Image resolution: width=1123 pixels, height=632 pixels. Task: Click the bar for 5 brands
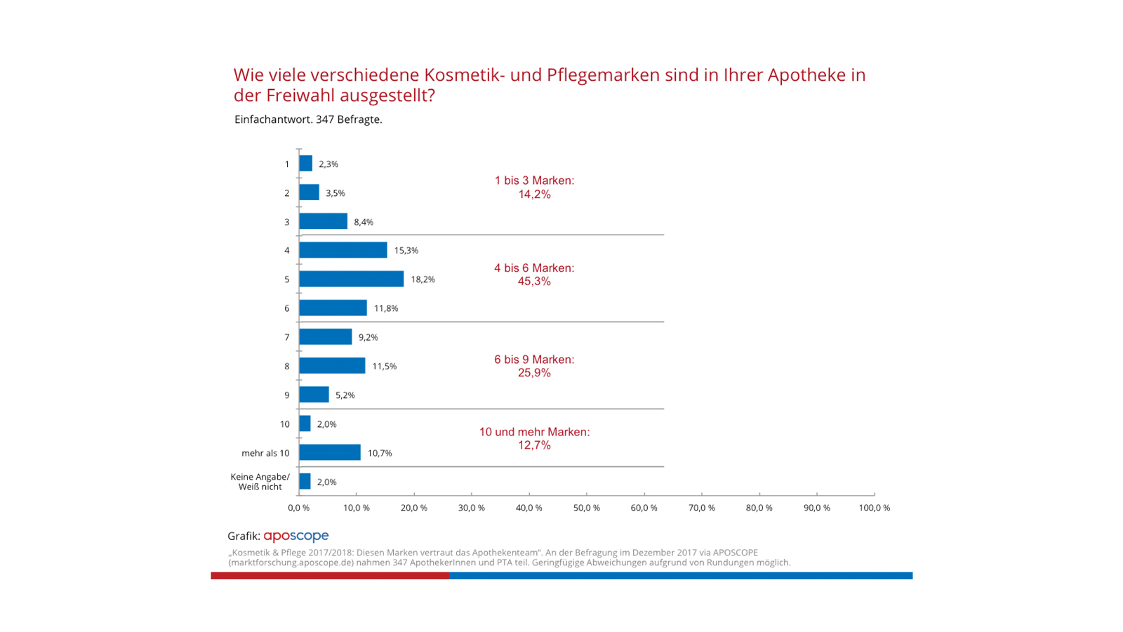click(x=351, y=279)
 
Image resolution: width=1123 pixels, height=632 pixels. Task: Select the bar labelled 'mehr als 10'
click(x=330, y=452)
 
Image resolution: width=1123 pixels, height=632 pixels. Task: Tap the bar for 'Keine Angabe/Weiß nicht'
click(x=305, y=482)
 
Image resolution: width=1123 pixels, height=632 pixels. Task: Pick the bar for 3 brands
click(x=323, y=221)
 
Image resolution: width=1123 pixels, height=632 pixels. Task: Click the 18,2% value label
click(x=423, y=279)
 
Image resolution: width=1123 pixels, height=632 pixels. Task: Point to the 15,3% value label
click(x=406, y=251)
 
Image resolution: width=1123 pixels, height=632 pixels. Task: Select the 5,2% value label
click(x=345, y=395)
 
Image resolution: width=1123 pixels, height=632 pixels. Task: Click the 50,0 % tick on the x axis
click(x=586, y=508)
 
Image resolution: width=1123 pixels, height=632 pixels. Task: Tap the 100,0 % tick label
click(x=874, y=508)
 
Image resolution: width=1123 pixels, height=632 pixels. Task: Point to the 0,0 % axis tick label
click(x=298, y=508)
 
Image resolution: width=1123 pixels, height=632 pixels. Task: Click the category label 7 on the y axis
click(x=286, y=337)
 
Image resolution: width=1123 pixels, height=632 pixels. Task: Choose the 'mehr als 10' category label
click(x=265, y=453)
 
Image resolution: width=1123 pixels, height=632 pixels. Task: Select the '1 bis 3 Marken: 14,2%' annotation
click(x=534, y=187)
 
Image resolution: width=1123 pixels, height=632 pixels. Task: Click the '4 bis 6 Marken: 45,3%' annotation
click(x=534, y=275)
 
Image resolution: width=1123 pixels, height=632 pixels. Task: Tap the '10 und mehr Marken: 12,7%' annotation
click(x=534, y=439)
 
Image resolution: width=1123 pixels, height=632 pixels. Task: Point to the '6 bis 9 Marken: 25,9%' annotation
click(x=534, y=366)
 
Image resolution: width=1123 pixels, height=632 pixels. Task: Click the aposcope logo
click(x=295, y=536)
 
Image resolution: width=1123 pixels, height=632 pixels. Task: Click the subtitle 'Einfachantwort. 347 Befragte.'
click(x=308, y=119)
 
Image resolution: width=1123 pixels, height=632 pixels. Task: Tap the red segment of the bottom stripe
click(x=330, y=576)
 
